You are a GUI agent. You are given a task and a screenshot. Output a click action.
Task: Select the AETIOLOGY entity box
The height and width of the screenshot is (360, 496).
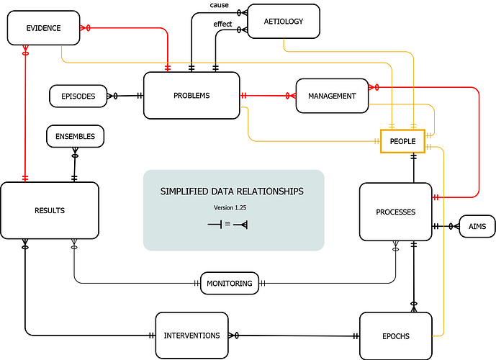point(284,22)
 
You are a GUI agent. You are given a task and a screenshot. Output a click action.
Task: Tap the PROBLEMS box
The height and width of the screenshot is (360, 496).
point(191,95)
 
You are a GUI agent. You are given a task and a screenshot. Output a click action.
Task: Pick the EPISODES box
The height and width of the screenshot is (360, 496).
point(78,96)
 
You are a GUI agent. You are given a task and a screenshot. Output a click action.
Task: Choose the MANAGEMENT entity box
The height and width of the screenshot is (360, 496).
point(332,96)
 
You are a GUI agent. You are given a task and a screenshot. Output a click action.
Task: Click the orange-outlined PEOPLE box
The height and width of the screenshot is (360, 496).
point(402,141)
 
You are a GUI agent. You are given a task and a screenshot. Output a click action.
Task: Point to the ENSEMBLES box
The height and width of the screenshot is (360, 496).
point(75,135)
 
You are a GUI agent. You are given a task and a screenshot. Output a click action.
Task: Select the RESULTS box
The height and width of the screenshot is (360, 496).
point(50,210)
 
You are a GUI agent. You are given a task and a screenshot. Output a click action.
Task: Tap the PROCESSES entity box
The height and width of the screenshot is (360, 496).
point(395,212)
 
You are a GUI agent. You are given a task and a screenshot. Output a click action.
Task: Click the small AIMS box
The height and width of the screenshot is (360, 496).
point(477,227)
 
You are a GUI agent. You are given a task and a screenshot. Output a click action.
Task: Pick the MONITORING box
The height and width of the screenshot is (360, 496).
point(230,284)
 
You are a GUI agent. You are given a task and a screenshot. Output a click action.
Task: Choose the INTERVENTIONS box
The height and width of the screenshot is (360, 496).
point(191,336)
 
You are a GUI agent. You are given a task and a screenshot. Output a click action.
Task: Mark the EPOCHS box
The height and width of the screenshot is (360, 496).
point(395,336)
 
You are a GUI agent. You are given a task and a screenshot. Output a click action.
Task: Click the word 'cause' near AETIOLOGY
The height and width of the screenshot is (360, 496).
point(220,6)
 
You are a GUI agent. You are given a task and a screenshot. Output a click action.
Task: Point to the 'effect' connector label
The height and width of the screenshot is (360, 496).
point(222,24)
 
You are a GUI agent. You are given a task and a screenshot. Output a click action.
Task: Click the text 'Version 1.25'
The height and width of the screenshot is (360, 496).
point(231,207)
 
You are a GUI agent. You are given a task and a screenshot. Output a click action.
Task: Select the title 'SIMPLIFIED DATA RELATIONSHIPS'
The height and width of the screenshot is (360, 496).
point(232,192)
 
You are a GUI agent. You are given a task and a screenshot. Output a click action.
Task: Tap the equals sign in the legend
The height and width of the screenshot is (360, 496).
point(227,225)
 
